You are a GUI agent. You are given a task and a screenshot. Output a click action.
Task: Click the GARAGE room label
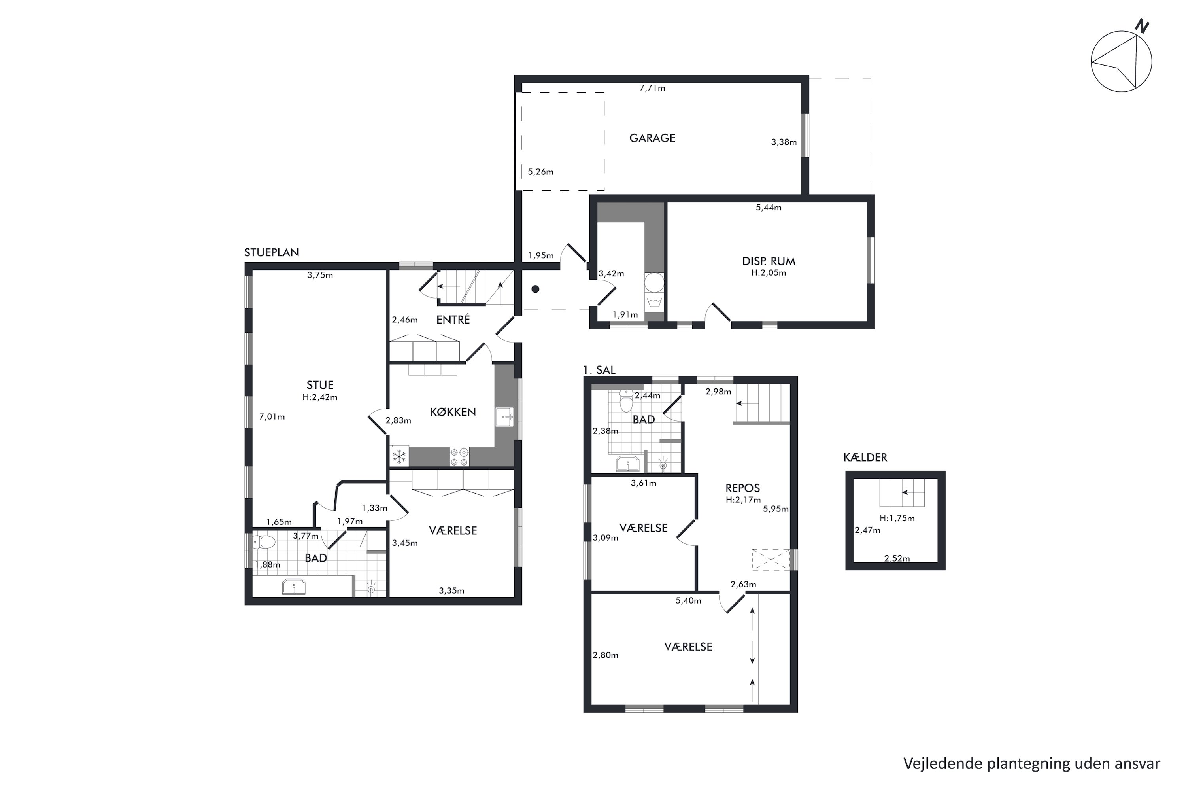652,138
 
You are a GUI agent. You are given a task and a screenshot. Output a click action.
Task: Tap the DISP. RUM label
769,261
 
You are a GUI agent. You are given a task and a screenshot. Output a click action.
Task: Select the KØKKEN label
453,412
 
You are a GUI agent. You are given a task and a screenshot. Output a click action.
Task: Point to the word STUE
320,385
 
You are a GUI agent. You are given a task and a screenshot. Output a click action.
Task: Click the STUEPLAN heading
272,252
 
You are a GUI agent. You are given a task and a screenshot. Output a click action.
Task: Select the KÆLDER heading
865,457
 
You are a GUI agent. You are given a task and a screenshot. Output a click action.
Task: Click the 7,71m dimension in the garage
652,88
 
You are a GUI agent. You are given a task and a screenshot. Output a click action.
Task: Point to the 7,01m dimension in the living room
272,417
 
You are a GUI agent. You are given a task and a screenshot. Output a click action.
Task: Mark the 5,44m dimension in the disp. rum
769,207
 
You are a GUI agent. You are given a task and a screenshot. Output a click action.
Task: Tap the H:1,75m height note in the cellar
897,518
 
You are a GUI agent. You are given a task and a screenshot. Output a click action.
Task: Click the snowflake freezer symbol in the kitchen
399,457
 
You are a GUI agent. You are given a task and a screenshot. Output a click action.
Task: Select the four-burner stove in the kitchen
459,457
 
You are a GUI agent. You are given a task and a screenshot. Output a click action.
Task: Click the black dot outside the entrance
536,289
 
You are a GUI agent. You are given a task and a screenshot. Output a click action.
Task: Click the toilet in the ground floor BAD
264,542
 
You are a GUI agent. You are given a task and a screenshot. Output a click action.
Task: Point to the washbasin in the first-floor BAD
628,463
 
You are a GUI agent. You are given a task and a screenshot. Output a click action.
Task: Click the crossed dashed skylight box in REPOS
771,560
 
